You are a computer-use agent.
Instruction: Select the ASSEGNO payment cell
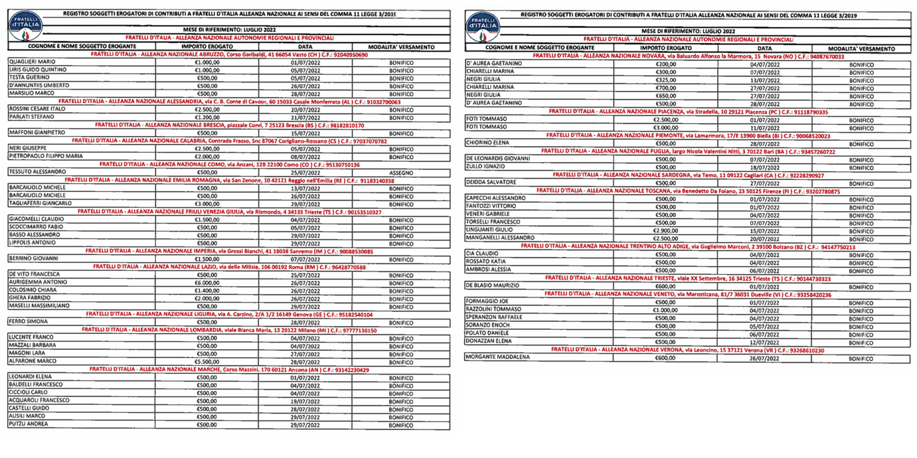[x=401, y=172]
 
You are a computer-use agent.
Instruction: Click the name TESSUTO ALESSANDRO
[x=37, y=172]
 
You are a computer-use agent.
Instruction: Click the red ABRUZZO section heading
[x=229, y=55]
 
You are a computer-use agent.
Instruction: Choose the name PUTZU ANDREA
[x=29, y=424]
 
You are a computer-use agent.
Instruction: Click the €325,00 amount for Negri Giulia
[x=665, y=79]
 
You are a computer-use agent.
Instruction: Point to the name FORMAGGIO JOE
[x=486, y=302]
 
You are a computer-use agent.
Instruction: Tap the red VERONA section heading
[x=687, y=350]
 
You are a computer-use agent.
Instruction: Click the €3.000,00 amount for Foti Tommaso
[x=665, y=127]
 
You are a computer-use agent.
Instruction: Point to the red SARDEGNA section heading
[x=688, y=175]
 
